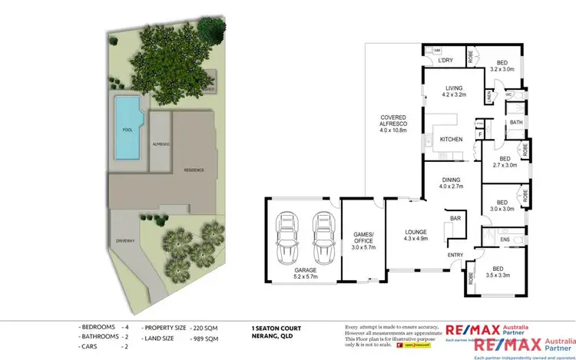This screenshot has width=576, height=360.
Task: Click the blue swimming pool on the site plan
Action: point(127,128)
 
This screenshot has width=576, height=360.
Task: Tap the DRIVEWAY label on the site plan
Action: point(126,240)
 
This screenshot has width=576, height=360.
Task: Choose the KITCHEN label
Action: point(451,139)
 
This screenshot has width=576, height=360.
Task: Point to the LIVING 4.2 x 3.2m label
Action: point(455,91)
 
